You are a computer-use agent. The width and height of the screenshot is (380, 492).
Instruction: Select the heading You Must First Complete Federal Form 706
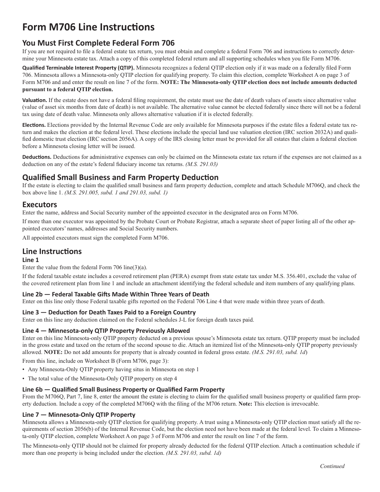coord(98,43)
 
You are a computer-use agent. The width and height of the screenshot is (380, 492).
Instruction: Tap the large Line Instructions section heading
coord(52,251)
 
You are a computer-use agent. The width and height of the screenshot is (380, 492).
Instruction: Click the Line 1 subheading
coord(31,260)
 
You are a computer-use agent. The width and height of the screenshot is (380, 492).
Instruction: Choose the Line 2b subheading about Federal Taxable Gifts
coord(116,294)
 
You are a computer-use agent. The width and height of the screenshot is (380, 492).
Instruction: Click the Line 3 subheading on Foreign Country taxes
coord(109,312)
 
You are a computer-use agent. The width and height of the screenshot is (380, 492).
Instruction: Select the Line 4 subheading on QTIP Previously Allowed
coord(106,330)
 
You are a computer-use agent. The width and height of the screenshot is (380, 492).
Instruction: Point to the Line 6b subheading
coord(123,389)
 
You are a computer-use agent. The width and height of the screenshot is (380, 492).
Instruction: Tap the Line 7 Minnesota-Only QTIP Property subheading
coord(79,414)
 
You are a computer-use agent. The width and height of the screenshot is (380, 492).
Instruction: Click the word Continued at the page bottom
coord(332,466)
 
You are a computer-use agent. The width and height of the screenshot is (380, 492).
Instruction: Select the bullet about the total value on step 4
coord(102,378)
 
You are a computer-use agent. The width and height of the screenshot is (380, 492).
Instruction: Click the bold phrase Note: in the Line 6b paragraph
coord(245,404)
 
